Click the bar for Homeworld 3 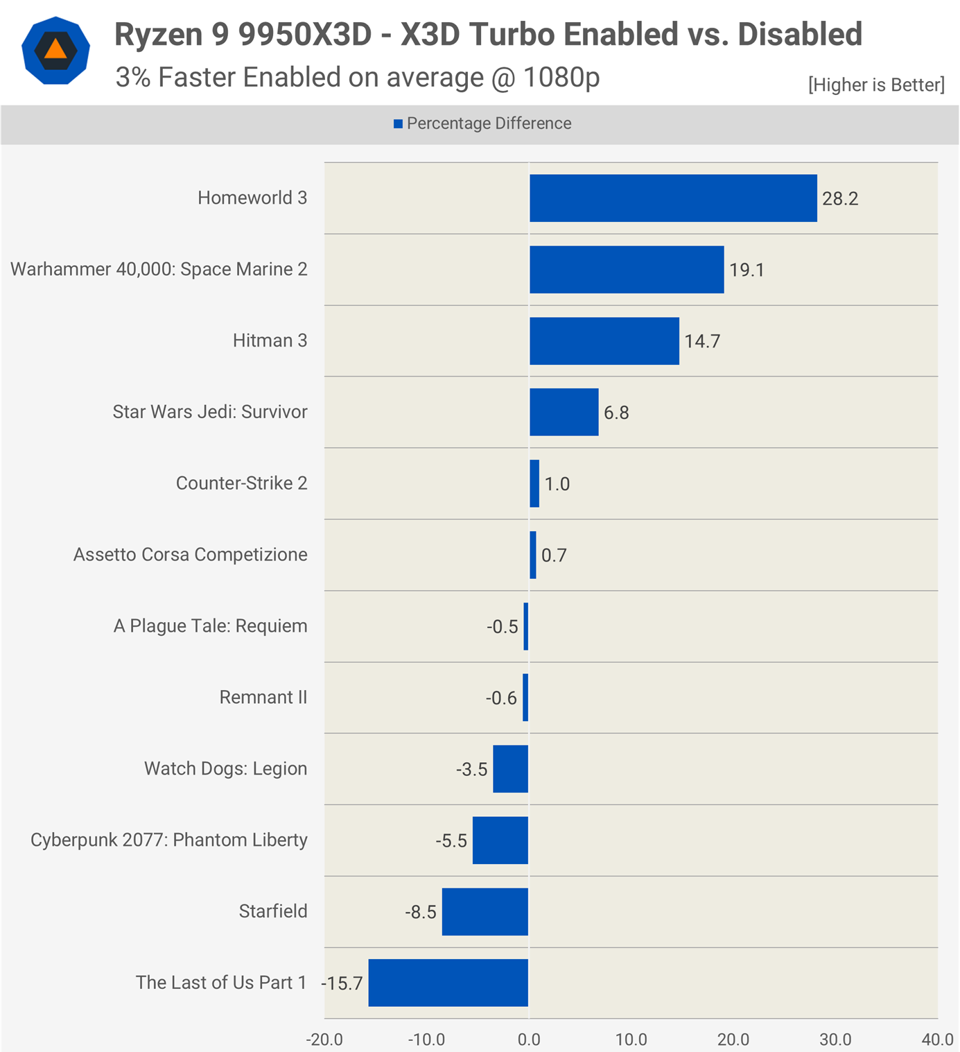coord(673,198)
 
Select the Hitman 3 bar coord(604,341)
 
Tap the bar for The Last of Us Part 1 coord(448,983)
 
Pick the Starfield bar coord(485,912)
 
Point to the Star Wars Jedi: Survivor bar coord(564,412)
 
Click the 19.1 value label coord(747,270)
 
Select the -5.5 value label coord(451,841)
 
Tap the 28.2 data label coord(840,199)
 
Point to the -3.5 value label coord(471,770)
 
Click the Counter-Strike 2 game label coord(241,483)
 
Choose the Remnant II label coord(263,698)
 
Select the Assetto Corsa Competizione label coord(190,555)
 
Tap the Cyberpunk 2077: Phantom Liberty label coord(168,840)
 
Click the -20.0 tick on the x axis coord(324,1040)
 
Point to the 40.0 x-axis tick coord(937,1040)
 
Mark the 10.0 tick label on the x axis coord(631,1040)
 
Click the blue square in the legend coord(398,124)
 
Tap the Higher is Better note coord(876,85)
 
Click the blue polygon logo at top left coord(55,51)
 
